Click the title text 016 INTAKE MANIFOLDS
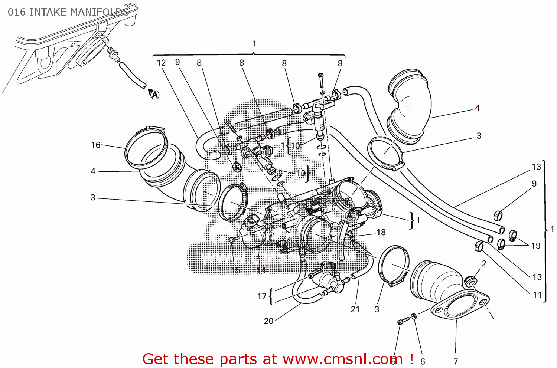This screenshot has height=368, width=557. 68,12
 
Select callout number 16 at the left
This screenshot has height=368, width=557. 96,145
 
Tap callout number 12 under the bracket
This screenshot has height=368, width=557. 161,63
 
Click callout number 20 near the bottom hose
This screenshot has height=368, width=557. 268,321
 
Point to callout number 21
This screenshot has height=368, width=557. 355,309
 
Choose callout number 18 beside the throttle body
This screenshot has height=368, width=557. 381,232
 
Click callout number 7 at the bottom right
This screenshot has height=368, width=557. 456,361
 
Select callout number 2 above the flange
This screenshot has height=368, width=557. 484,263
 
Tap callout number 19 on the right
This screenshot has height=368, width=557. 535,246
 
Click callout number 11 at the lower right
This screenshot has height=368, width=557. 537,295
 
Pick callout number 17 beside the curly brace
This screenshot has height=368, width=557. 262,296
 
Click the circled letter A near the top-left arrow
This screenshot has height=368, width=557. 155,95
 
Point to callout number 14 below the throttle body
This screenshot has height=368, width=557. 261,270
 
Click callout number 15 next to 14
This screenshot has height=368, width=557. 235,270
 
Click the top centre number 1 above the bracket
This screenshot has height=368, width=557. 254,44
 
